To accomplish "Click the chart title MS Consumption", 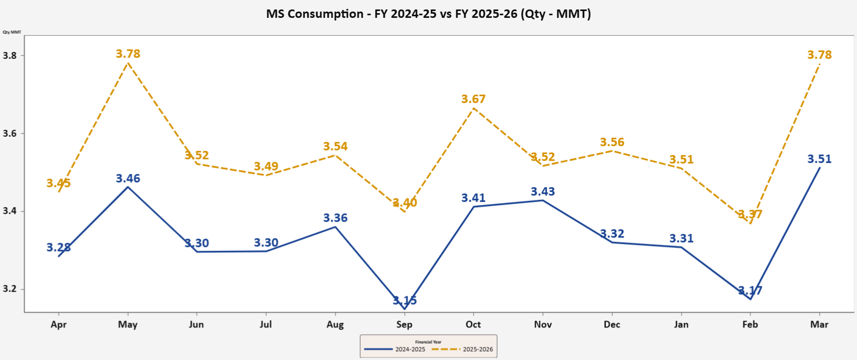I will pyautogui.click(x=428, y=14).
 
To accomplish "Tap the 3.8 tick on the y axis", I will pyautogui.click(x=9, y=56).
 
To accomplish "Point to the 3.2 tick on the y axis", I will pyautogui.click(x=9, y=289).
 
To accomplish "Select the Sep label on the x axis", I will pyautogui.click(x=404, y=324).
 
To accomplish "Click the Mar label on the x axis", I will pyautogui.click(x=819, y=324).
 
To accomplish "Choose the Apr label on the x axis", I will pyautogui.click(x=58, y=324).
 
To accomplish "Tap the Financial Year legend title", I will pyautogui.click(x=428, y=342).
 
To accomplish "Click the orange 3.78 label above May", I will pyautogui.click(x=128, y=54).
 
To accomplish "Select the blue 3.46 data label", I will pyautogui.click(x=128, y=179).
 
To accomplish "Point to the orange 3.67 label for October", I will pyautogui.click(x=473, y=99).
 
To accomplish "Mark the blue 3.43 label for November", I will pyautogui.click(x=543, y=192).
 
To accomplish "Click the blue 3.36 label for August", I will pyautogui.click(x=335, y=218).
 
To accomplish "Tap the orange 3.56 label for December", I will pyautogui.click(x=612, y=142).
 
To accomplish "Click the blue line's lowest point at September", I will pyautogui.click(x=405, y=309).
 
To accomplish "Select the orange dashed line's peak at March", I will pyautogui.click(x=820, y=64).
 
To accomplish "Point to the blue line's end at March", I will pyautogui.click(x=820, y=168).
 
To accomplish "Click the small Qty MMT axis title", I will pyautogui.click(x=12, y=32).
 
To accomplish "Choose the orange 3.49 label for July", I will pyautogui.click(x=266, y=167).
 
